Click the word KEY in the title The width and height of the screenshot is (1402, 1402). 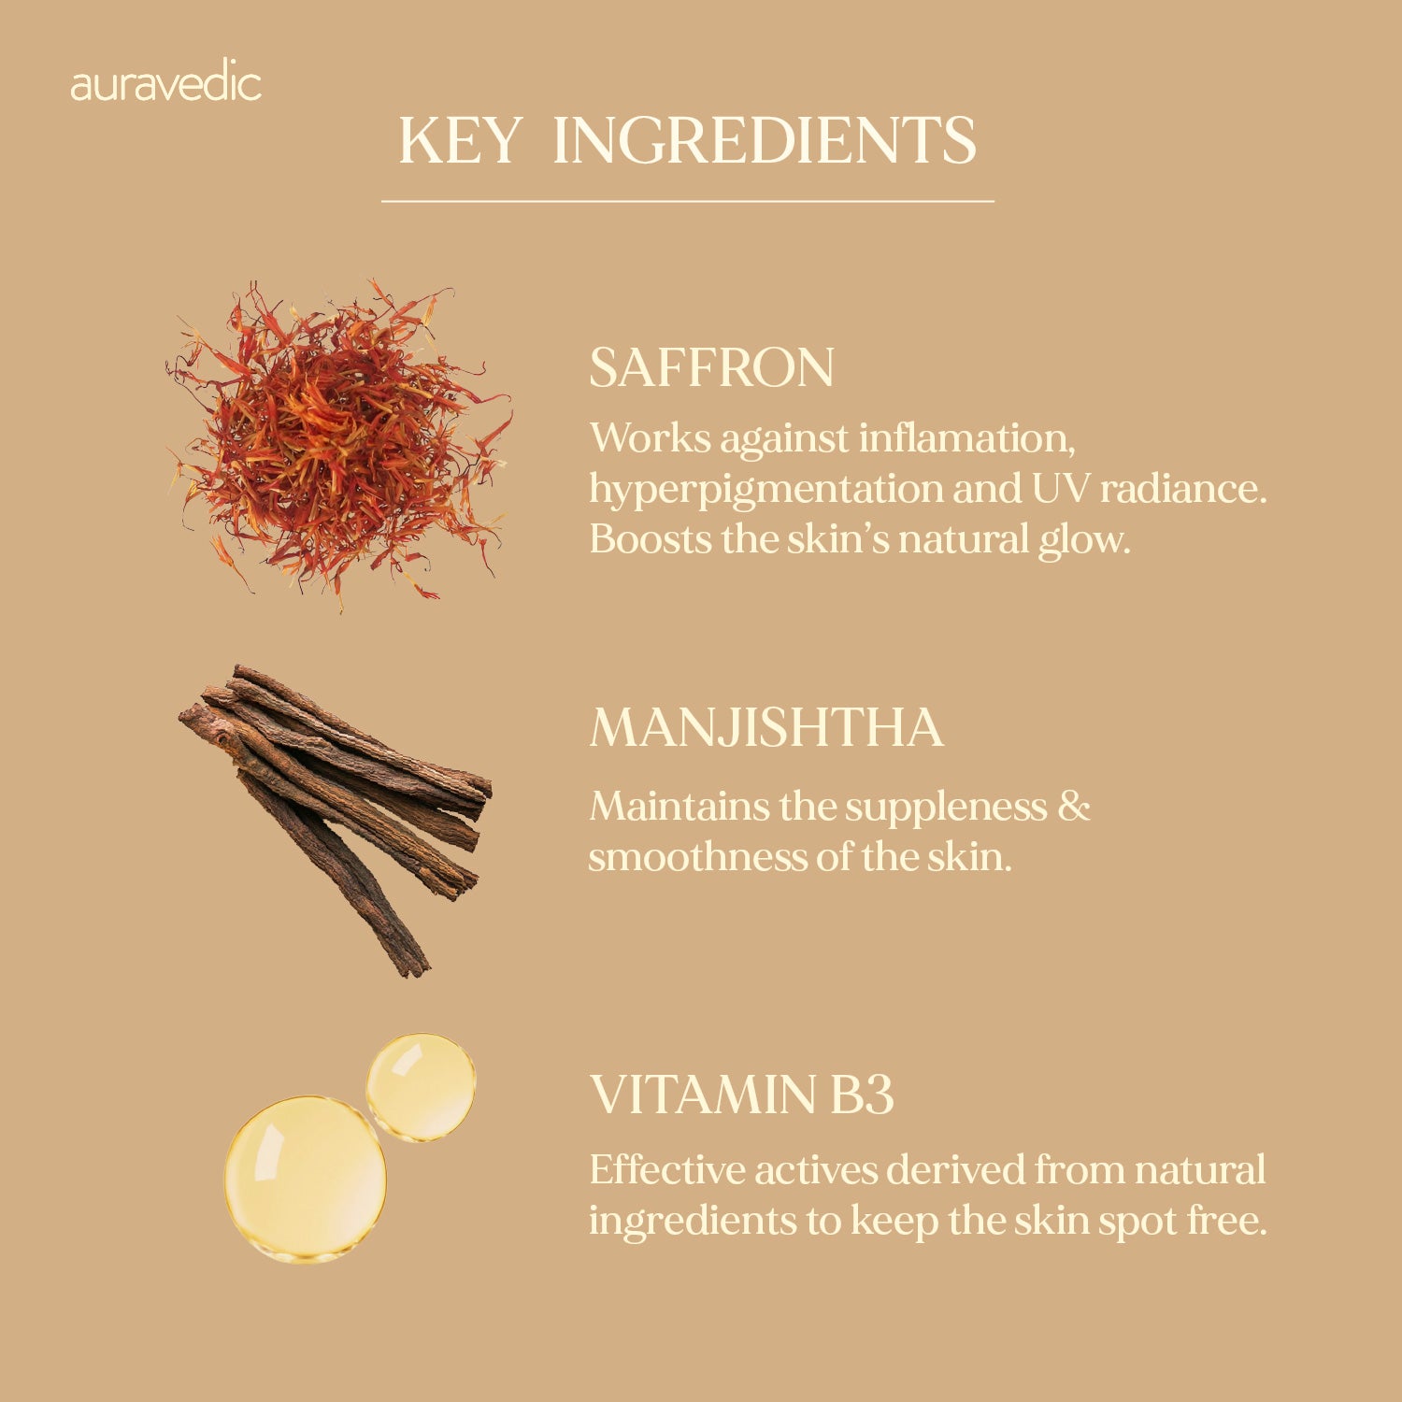coord(460,141)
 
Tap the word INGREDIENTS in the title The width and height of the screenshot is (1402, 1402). coord(765,141)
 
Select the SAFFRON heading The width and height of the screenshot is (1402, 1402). coord(711,367)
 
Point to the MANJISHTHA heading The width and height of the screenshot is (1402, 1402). coord(766,727)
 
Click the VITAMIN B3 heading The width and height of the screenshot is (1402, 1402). coord(742,1094)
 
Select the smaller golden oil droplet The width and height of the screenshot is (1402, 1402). coord(421,1086)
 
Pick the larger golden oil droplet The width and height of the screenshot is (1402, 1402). coord(305,1178)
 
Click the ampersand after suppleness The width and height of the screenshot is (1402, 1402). coord(1074,807)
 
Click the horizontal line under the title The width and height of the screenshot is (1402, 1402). coord(688,201)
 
